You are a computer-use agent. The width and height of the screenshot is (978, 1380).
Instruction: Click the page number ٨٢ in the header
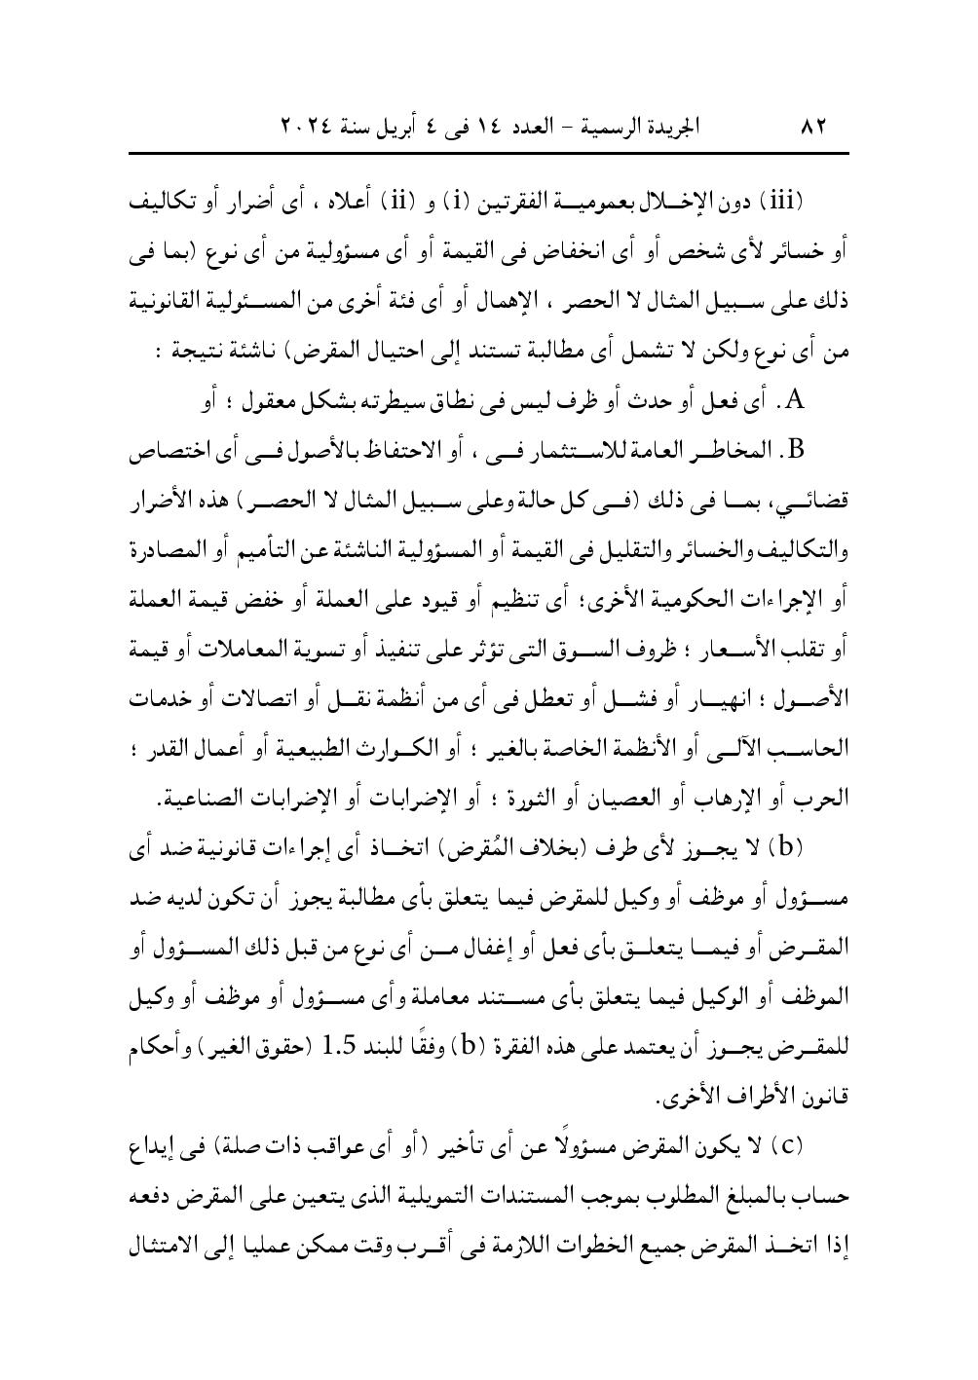811,128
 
